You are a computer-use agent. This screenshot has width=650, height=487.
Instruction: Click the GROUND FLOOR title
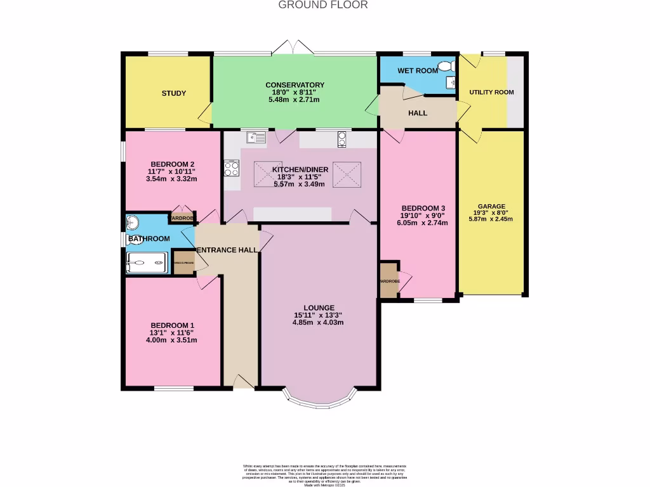tap(323, 5)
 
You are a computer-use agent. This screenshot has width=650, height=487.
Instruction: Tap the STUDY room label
tap(173, 93)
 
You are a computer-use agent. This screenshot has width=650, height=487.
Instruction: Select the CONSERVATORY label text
tap(295, 85)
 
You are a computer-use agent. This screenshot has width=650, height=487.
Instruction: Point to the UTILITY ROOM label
tap(491, 92)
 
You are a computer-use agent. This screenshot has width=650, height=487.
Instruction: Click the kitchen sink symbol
tap(257, 136)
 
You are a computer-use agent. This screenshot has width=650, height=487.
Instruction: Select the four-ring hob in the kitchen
tap(231, 168)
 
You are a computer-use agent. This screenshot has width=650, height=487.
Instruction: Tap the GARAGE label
tap(491, 206)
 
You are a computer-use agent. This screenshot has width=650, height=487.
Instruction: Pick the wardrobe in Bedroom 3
tap(388, 280)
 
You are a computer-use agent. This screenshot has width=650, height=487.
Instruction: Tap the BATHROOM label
tap(149, 238)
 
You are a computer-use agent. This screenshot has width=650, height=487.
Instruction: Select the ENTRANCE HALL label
tap(227, 250)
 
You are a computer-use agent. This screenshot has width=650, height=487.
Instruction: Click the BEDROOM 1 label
tap(171, 325)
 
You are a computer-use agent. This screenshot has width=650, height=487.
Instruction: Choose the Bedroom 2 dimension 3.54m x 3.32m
tap(171, 178)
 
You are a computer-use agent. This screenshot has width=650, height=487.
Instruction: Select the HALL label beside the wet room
tap(417, 113)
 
